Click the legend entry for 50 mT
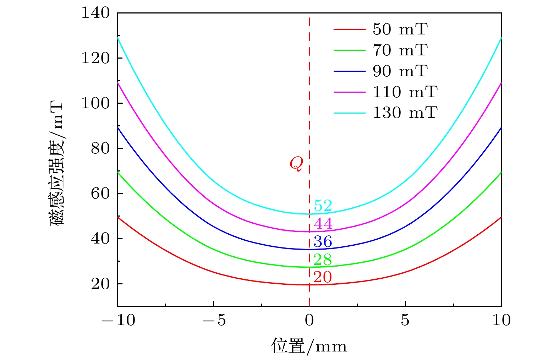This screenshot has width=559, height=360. (x=400, y=29)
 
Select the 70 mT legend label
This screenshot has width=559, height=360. (x=400, y=50)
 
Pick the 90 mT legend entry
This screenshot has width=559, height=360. (x=400, y=71)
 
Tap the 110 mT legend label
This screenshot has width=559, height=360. (x=405, y=92)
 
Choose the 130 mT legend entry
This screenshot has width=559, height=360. (x=405, y=113)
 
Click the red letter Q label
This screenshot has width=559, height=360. (x=296, y=164)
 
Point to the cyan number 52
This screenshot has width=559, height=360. (x=323, y=206)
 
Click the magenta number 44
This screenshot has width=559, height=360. (x=323, y=224)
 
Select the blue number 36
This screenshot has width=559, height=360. (x=323, y=242)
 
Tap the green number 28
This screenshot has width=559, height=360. (x=323, y=260)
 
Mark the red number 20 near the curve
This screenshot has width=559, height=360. (x=323, y=277)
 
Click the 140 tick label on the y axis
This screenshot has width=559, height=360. (x=96, y=13)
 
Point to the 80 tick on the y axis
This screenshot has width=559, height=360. (x=100, y=148)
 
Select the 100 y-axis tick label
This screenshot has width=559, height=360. (x=96, y=103)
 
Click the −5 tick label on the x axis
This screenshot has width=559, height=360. (x=214, y=320)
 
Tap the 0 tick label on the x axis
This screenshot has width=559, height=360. (x=309, y=320)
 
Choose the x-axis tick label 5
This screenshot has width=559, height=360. (x=405, y=320)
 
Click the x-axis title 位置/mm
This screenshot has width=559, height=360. (x=309, y=346)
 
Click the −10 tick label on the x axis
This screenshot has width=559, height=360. (x=118, y=320)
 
